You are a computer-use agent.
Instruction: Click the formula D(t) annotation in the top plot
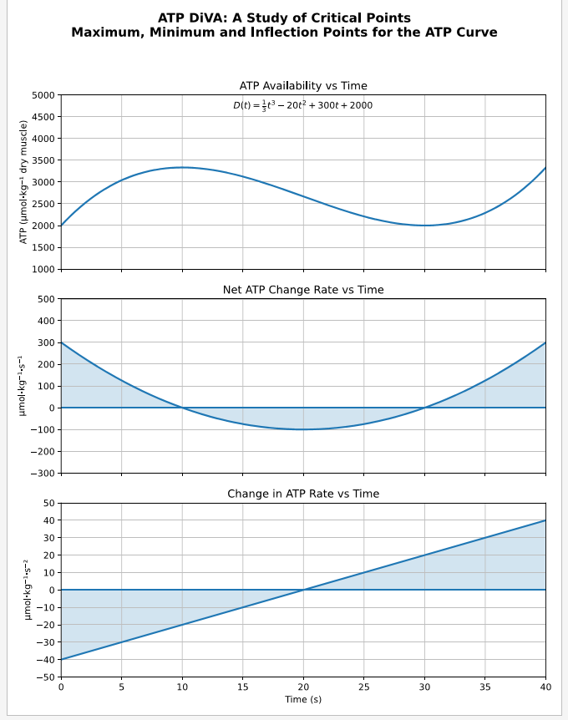click(302, 105)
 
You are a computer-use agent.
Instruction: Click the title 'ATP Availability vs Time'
click(303, 86)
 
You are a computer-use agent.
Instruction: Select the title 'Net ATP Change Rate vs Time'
click(303, 290)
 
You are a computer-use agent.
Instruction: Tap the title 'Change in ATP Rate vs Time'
click(303, 494)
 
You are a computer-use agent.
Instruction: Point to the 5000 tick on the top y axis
click(43, 95)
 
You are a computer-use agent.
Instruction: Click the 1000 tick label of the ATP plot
click(43, 269)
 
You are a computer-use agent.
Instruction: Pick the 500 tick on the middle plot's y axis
click(47, 299)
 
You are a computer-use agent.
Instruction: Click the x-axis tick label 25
click(363, 687)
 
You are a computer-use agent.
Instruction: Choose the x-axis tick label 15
click(242, 687)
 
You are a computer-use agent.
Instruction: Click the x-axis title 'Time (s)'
click(303, 699)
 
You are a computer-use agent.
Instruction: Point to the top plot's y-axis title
click(24, 182)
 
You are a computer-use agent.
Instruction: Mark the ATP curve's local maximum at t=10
click(182, 167)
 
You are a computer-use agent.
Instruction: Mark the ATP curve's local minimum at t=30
click(424, 226)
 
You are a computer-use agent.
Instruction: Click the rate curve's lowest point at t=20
click(303, 429)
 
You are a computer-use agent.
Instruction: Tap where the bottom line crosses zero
click(303, 590)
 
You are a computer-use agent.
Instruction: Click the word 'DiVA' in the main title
click(208, 18)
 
